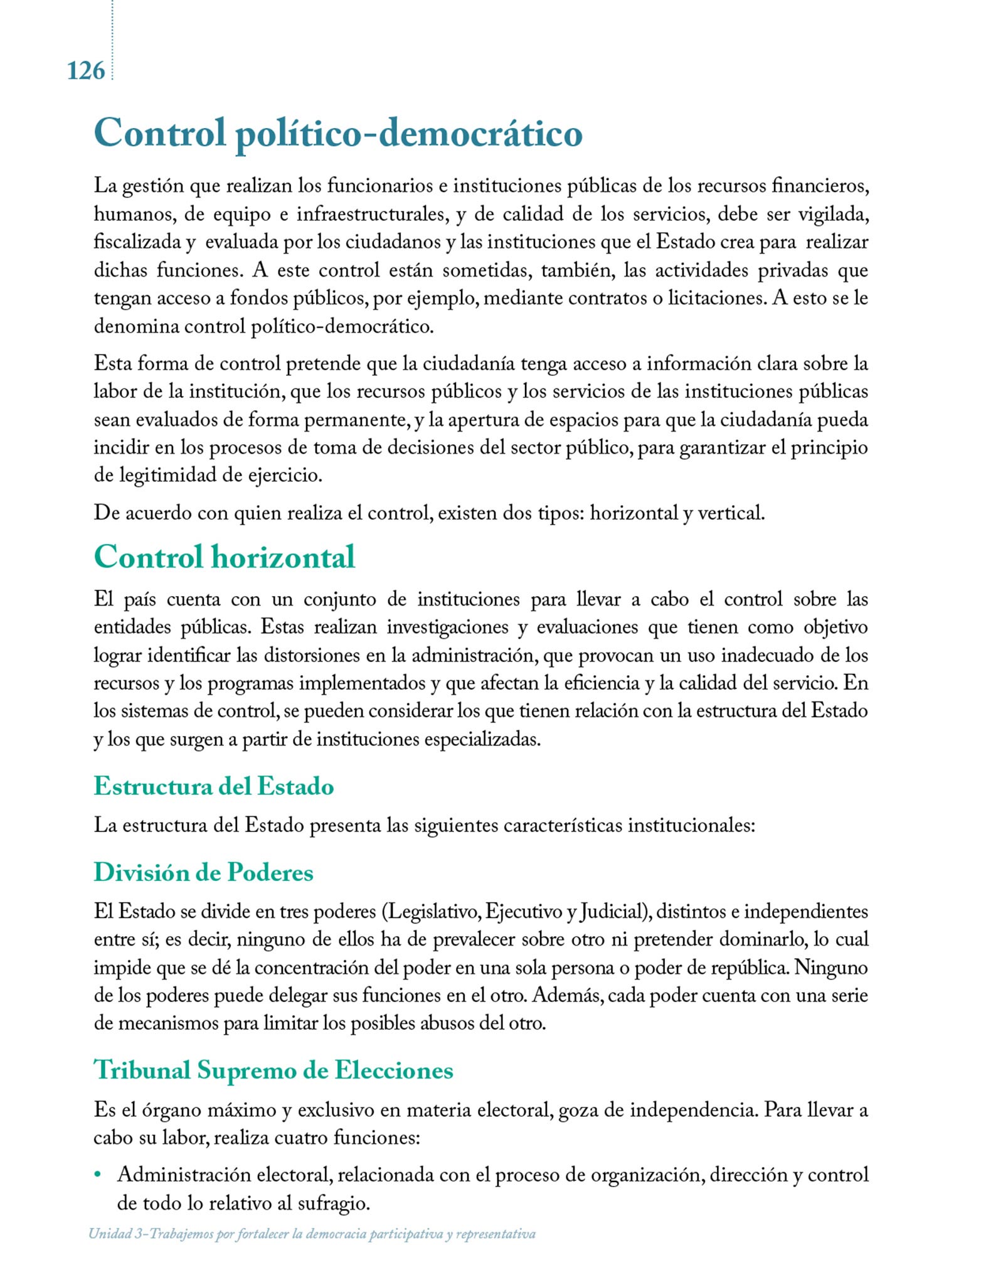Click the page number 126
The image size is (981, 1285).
click(x=86, y=72)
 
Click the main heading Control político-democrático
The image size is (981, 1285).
click(x=338, y=133)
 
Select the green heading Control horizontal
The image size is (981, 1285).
click(x=225, y=557)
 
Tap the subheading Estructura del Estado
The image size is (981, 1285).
click(x=213, y=786)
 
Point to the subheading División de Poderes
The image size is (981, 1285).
click(x=203, y=872)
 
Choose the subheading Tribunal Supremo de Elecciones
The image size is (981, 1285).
click(x=273, y=1069)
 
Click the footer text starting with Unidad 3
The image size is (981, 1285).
click(x=312, y=1234)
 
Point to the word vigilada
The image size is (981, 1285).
click(x=833, y=215)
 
